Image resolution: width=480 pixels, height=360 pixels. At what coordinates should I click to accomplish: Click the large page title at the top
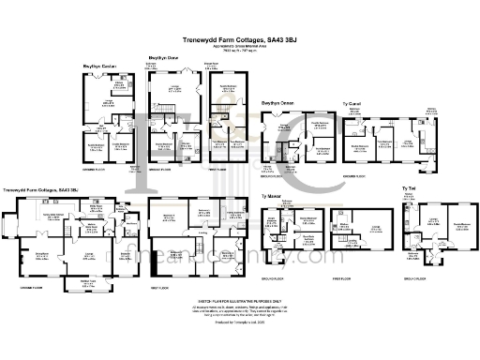tap(239, 40)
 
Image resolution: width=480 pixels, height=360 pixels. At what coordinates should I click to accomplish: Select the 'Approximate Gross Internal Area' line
tap(239, 47)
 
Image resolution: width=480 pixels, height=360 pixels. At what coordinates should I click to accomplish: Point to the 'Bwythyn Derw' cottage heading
tap(164, 58)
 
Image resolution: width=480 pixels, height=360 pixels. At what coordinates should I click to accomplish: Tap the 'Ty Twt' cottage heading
tap(408, 188)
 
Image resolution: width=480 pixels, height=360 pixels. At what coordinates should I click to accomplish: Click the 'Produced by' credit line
tap(239, 322)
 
